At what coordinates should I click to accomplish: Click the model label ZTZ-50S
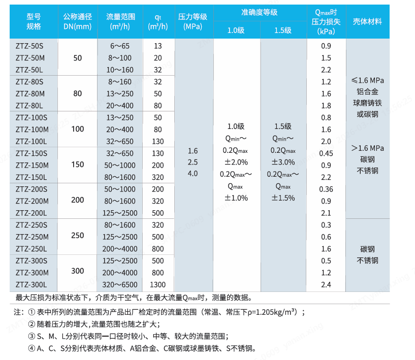(29, 46)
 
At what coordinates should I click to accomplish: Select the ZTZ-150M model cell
(32, 165)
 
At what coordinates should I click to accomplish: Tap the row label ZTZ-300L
(31, 284)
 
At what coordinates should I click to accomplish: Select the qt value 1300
(158, 284)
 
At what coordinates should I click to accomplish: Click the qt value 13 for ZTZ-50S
(158, 46)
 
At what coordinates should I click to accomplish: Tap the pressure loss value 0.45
(326, 153)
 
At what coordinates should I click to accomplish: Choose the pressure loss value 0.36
(326, 189)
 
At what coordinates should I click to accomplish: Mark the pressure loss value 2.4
(326, 284)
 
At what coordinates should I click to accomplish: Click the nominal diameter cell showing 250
(78, 236)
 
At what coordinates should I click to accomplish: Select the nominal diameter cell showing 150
(78, 165)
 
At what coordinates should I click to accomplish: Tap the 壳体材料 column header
(368, 22)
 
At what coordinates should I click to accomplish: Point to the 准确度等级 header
(260, 12)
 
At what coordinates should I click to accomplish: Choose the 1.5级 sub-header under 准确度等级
(283, 30)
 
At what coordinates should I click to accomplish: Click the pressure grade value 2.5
(193, 162)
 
